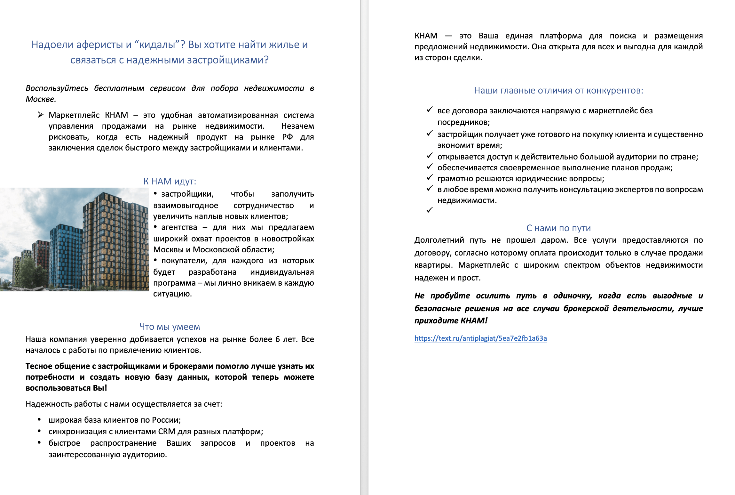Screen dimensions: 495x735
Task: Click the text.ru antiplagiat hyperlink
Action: (480, 338)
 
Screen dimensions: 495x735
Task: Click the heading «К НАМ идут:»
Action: (170, 182)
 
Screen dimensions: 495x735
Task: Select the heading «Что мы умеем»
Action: (170, 327)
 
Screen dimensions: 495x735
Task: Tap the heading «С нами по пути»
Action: (558, 228)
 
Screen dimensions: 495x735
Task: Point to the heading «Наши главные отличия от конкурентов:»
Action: (558, 91)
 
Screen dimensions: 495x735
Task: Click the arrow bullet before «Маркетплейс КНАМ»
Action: (41, 115)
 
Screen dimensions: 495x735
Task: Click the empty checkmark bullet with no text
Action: (430, 210)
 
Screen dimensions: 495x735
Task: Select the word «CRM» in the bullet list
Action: (166, 432)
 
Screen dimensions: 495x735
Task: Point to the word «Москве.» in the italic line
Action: (41, 99)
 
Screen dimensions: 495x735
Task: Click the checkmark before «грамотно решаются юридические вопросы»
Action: (430, 178)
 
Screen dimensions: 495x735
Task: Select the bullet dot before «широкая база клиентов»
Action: (39, 420)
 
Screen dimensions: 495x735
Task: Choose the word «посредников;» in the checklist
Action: (463, 122)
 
